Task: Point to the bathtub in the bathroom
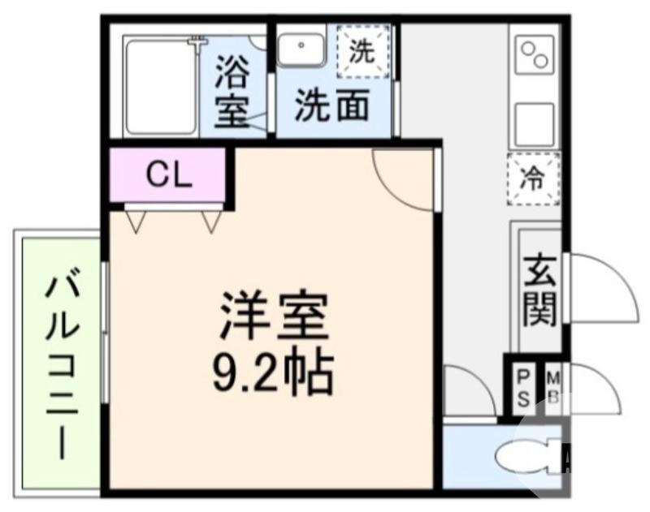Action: [x=160, y=86]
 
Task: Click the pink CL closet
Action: [x=168, y=174]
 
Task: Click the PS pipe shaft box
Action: [x=524, y=387]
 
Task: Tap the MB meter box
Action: [x=552, y=387]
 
